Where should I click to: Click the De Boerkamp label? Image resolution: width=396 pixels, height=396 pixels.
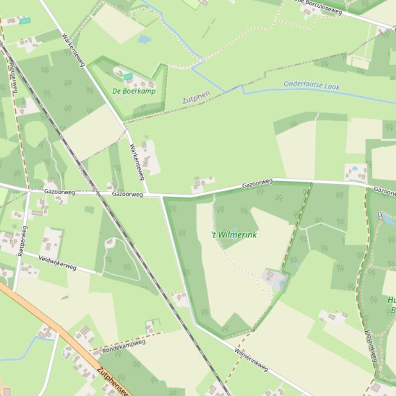click(133, 92)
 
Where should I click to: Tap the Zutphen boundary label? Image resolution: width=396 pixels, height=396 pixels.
click(196, 97)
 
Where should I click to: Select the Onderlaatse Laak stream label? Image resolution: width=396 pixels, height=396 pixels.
click(312, 85)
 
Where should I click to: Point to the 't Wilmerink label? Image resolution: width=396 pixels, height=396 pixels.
click(234, 235)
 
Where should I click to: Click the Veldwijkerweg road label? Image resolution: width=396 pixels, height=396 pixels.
click(57, 263)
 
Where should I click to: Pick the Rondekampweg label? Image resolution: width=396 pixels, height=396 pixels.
click(124, 346)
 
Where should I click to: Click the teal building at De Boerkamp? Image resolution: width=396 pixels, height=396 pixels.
click(128, 77)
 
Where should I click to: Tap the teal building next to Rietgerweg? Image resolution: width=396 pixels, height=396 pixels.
click(25, 21)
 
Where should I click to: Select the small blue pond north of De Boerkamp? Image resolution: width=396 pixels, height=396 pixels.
click(145, 39)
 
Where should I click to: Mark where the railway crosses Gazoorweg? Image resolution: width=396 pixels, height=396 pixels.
click(96, 193)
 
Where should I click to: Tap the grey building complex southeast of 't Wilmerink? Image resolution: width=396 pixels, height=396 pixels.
click(273, 278)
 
